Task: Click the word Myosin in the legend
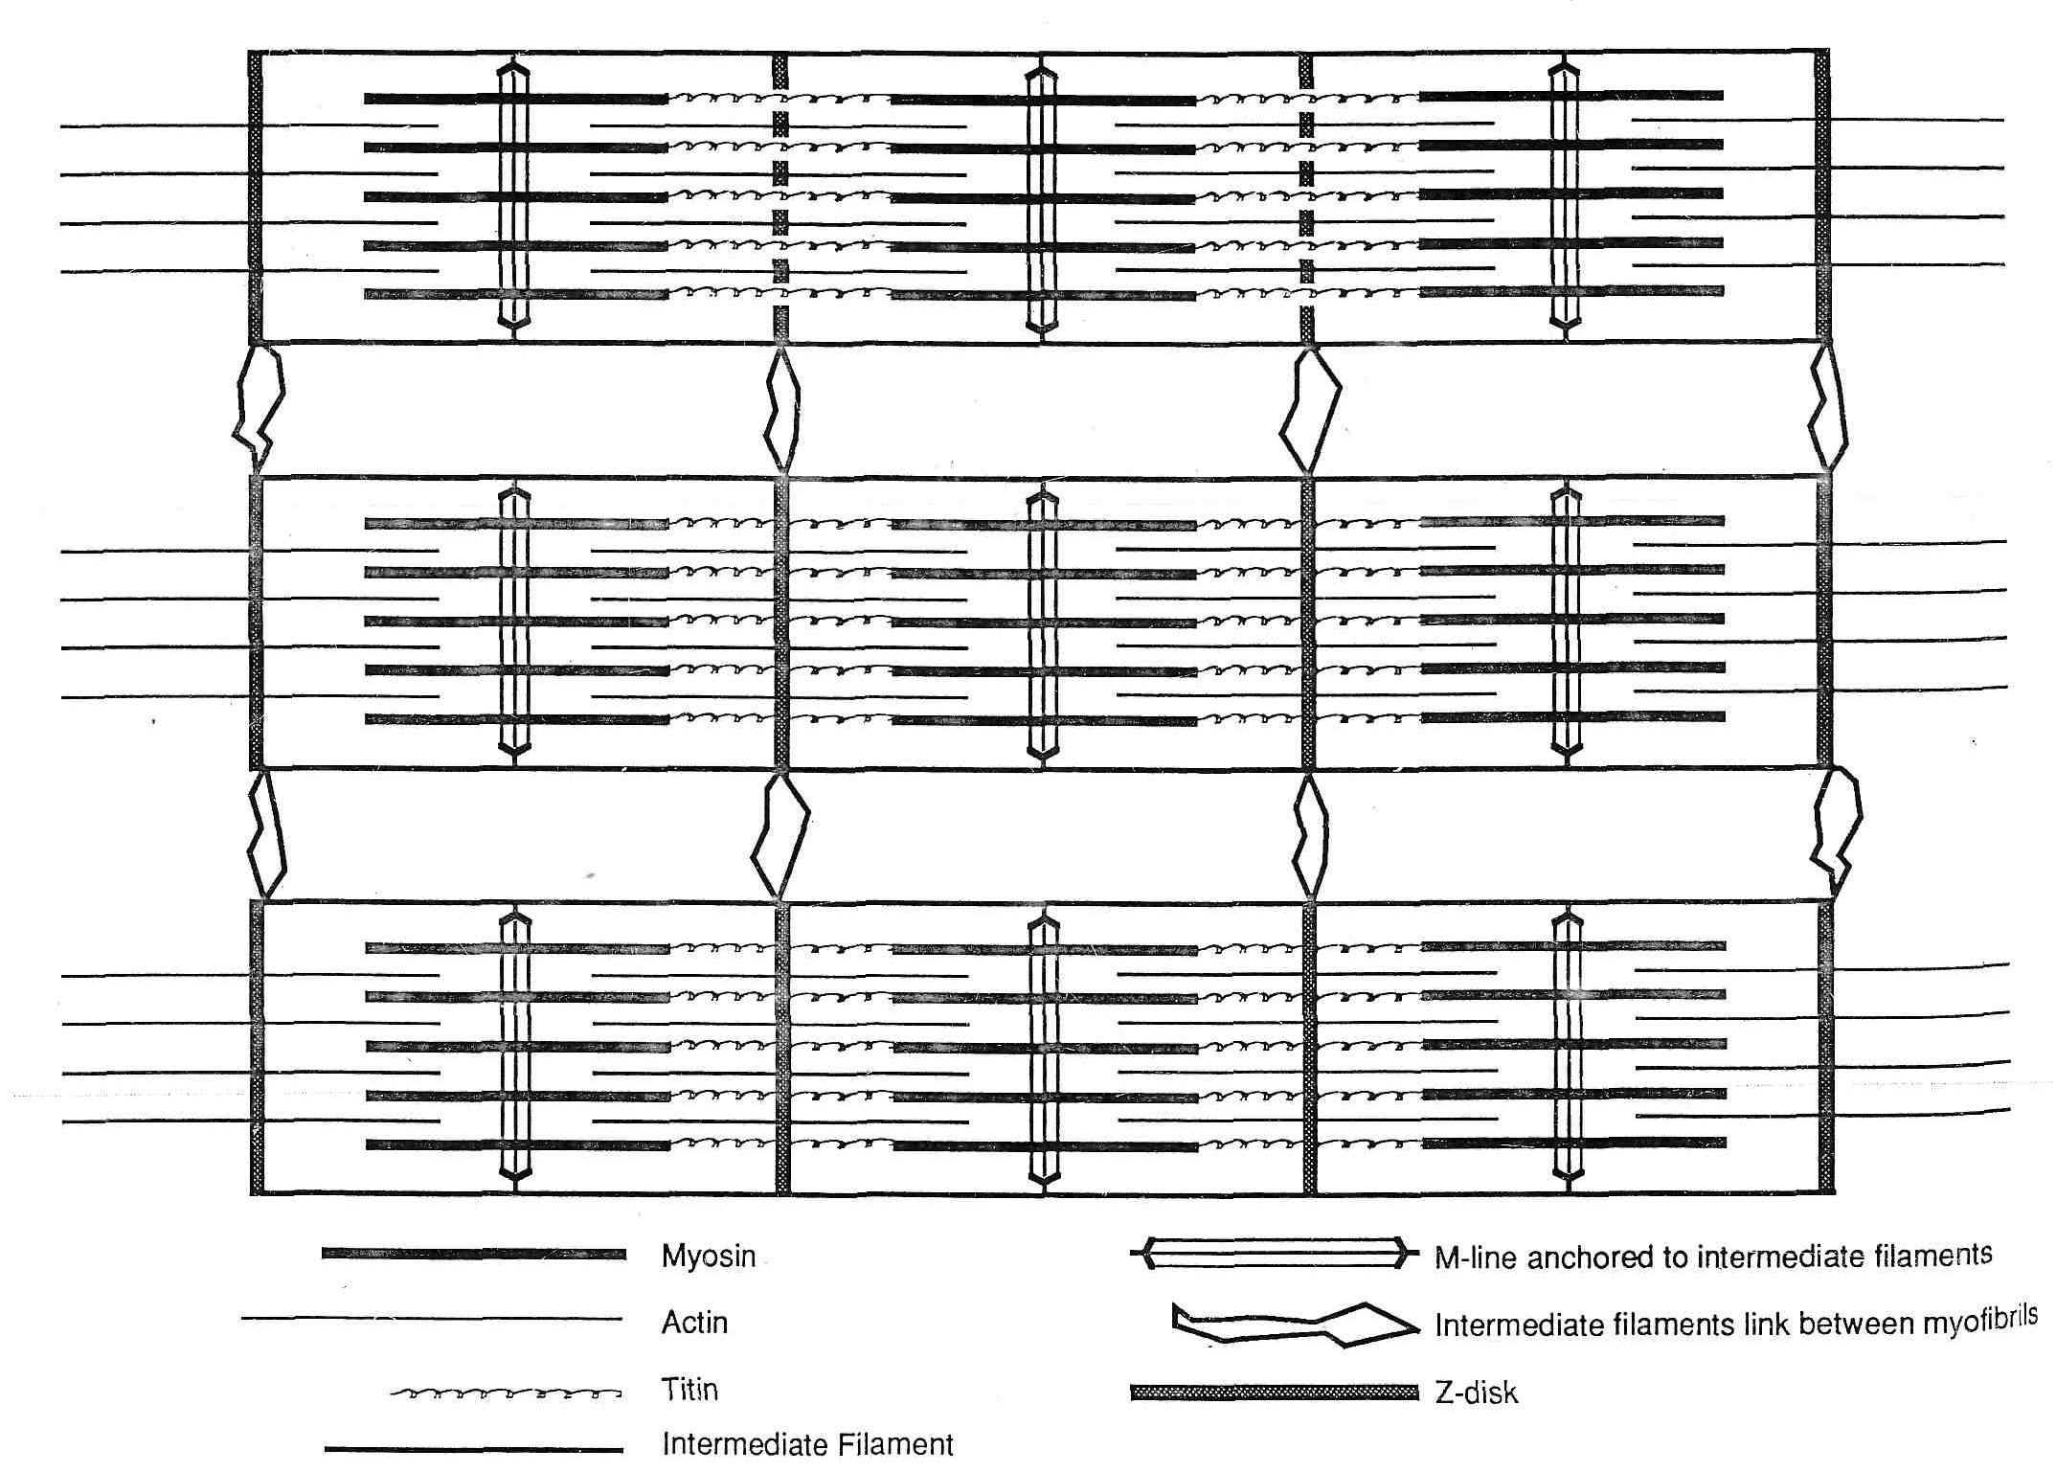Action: (709, 1256)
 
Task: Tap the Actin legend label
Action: (694, 1323)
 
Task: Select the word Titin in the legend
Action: (689, 1390)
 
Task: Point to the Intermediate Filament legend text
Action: (807, 1443)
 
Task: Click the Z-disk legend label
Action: (1476, 1393)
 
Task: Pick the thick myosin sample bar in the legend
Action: (474, 1254)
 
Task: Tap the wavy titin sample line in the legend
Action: (506, 1393)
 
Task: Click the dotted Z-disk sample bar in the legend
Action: (1275, 1393)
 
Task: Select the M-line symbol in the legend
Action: (1275, 1253)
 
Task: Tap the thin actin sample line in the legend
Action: (432, 1319)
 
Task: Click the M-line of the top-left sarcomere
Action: (514, 196)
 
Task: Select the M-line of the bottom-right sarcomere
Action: (1568, 1049)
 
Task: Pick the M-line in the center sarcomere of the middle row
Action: (1043, 623)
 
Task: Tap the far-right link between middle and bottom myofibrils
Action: (1837, 833)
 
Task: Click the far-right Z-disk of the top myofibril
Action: (1822, 196)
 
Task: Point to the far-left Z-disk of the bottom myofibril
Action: (257, 1048)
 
